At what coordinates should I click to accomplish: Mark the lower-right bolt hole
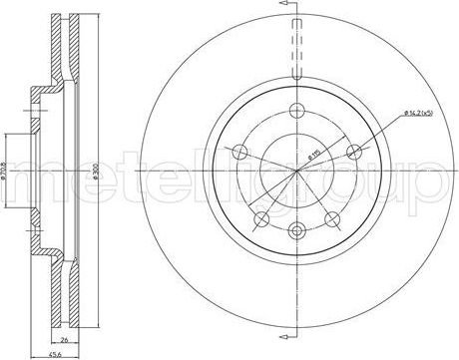click(x=331, y=216)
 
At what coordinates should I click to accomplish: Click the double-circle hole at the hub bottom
click(x=297, y=231)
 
